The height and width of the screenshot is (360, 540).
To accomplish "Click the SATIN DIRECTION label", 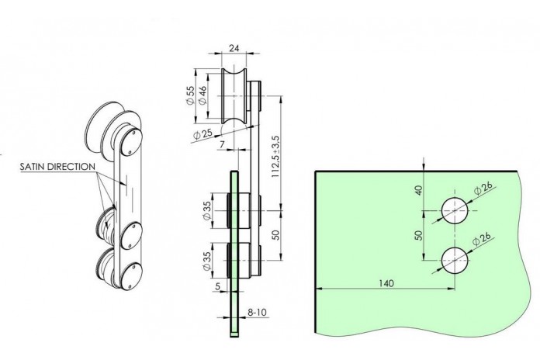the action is point(57,167).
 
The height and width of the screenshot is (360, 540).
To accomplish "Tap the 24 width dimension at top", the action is point(234,48).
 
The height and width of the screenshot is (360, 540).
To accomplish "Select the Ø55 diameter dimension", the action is point(190,95).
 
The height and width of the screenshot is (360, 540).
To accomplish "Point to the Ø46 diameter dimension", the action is point(202,95).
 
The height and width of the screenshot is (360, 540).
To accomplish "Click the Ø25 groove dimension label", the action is point(203,134).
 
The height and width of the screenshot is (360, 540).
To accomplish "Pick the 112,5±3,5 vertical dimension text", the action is point(276,157).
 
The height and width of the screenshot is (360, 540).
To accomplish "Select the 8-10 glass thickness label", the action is point(257,313).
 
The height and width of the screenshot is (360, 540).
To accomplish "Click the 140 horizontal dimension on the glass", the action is point(386,283).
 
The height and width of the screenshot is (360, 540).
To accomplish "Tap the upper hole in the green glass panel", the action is point(455,210).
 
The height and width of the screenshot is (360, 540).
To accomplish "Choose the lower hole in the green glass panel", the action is point(455,260).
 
